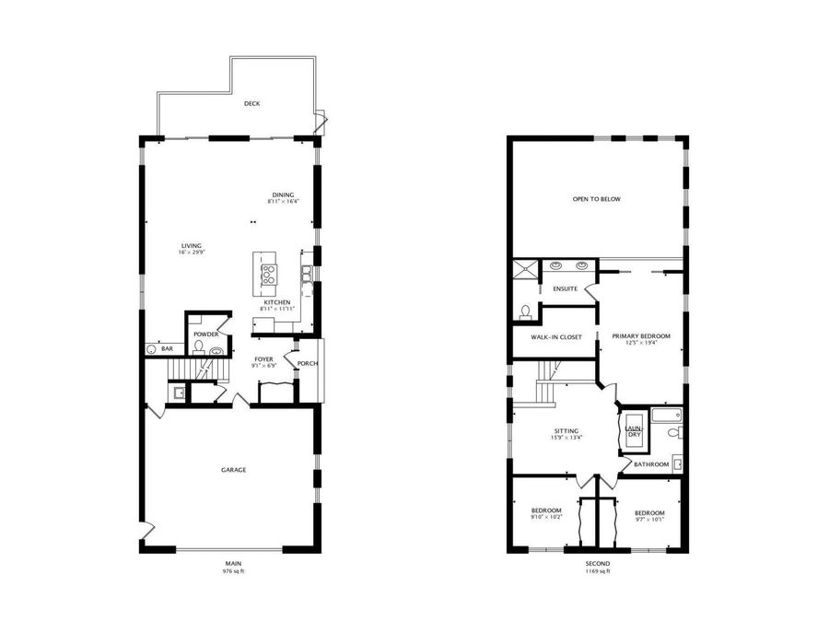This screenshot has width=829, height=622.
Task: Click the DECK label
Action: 251,103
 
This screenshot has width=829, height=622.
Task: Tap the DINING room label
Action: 283,194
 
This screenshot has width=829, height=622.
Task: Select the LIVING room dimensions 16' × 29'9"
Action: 192,252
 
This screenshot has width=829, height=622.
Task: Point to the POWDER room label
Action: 205,334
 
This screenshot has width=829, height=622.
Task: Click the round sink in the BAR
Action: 152,349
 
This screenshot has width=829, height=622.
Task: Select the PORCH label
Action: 308,363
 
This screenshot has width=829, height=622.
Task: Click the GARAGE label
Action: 233,470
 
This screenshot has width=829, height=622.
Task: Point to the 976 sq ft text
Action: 234,571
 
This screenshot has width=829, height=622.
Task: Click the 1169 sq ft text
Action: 597,571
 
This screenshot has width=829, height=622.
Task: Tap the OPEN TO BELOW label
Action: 596,199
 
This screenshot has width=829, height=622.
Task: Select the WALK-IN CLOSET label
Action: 556,337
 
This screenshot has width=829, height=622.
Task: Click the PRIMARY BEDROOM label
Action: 641,335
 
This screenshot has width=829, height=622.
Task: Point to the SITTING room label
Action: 566,429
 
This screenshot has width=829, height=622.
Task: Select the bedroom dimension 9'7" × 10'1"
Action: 648,519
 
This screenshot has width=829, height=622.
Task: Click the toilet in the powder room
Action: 198,347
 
